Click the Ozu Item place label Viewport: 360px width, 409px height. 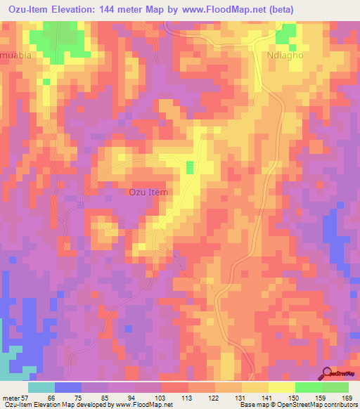[148, 191]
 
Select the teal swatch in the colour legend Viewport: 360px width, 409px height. [41, 387]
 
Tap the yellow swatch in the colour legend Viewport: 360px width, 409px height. [281, 387]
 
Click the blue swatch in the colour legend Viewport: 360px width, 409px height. [68, 387]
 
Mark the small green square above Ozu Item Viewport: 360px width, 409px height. [189, 167]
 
